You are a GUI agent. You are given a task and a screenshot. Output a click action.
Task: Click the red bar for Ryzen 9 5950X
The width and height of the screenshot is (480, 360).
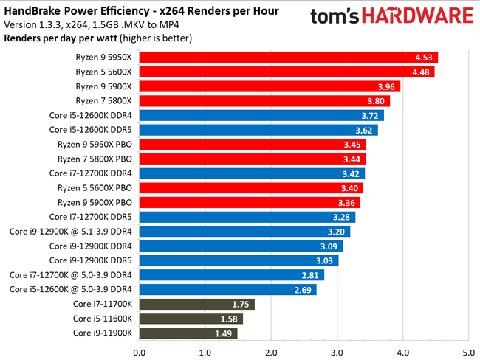pos(288,58)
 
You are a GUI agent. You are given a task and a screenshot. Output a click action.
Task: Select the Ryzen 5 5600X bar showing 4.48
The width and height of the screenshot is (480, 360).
pos(287,72)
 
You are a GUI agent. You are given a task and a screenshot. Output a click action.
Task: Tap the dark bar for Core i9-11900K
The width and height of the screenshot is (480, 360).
pos(188,333)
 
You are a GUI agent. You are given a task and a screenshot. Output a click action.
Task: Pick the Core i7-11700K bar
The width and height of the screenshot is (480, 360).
pos(196,304)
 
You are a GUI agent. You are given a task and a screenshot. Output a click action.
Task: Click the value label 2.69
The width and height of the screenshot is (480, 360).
pos(304,289)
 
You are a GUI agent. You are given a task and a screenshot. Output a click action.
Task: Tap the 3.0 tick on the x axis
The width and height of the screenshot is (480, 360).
pos(337,350)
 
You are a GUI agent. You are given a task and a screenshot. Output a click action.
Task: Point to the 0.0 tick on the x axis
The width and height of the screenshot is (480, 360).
pos(139,350)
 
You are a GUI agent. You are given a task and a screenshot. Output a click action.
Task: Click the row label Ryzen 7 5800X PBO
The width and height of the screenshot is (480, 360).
pos(95,159)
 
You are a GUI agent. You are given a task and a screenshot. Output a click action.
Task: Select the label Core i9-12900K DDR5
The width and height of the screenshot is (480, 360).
pos(91,260)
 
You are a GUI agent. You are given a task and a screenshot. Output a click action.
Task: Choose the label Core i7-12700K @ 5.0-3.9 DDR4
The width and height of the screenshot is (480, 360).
pos(71,274)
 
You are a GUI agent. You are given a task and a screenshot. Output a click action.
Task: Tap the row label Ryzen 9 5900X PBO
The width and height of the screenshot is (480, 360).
pos(95,202)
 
